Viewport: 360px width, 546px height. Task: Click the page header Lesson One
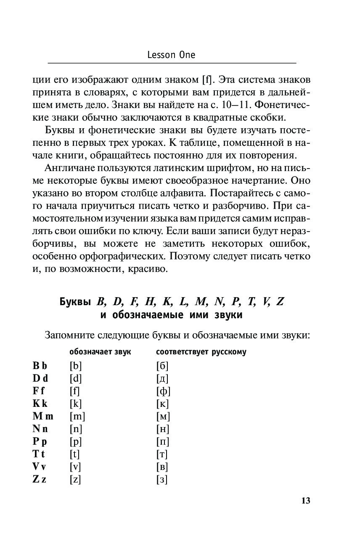[172, 55]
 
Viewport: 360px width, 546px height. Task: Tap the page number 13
[305, 501]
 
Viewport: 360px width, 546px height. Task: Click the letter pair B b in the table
[40, 365]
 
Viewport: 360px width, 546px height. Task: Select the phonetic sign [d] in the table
[76, 378]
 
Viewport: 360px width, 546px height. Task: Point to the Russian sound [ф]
[163, 391]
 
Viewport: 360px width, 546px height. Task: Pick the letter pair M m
[43, 416]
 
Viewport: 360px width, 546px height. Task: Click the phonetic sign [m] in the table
[77, 416]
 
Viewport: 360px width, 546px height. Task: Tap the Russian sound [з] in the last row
[161, 479]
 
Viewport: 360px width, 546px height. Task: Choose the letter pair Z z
[40, 479]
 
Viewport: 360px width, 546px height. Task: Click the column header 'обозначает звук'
[100, 352]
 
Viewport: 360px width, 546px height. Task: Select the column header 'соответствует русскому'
[201, 352]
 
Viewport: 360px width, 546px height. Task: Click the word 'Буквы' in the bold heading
[75, 302]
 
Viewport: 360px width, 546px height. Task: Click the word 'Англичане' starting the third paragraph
[70, 168]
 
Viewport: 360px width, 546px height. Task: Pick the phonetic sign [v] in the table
[75, 467]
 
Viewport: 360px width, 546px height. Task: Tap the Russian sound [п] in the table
[162, 441]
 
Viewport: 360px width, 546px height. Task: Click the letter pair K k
[40, 404]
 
